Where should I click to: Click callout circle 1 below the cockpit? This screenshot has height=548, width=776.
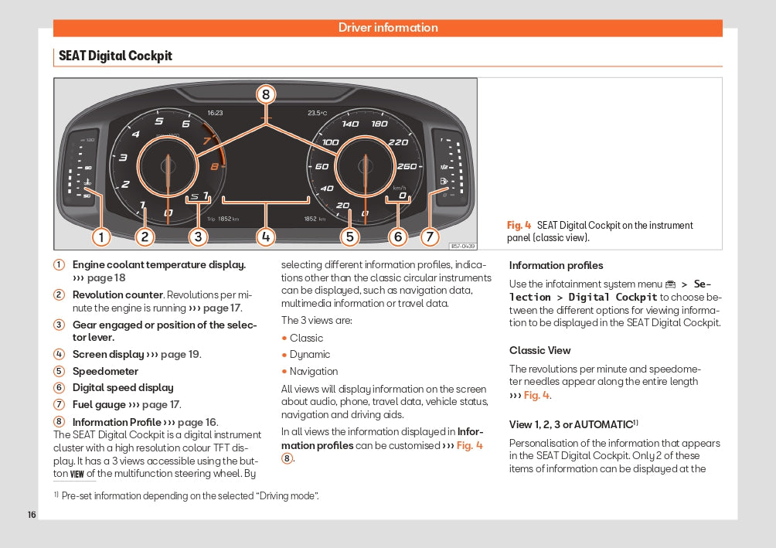coord(100,237)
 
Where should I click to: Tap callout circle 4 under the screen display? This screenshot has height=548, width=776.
coord(266,237)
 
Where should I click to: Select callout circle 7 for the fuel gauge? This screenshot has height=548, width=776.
coord(431,237)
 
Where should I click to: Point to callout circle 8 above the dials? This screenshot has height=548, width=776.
coord(266,95)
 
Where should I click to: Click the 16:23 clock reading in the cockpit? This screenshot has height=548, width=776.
coord(215,113)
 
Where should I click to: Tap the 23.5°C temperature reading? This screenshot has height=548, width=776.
coord(318,113)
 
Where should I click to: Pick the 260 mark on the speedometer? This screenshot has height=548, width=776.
coord(407,166)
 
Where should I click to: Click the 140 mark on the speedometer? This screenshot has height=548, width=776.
coord(350,124)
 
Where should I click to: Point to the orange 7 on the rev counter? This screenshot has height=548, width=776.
coord(206,141)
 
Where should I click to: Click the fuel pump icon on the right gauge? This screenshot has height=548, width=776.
coord(444,182)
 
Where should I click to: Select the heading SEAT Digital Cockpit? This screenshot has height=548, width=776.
coord(115,56)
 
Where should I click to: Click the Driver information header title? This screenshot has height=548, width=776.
coord(388,28)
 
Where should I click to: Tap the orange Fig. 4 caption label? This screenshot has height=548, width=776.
coord(519,225)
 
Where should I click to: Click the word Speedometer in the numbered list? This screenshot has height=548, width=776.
coord(105,371)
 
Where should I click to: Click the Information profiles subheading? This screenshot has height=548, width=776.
coord(556,266)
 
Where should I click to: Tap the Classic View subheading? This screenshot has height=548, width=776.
coord(539,350)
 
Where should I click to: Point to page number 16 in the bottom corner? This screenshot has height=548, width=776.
coord(32,515)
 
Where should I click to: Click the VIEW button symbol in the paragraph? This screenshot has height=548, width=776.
coord(77,475)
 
